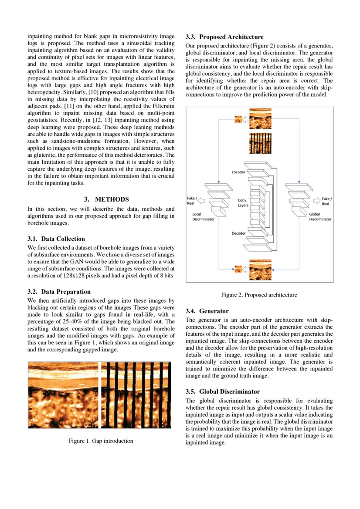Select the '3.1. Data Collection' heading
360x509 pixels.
click(x=56, y=239)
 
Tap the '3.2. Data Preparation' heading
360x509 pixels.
click(x=59, y=292)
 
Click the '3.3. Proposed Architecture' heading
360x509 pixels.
click(x=224, y=37)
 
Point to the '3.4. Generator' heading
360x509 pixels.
click(x=207, y=311)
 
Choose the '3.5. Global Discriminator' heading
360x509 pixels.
click(x=223, y=391)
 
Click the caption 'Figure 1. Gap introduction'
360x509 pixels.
click(x=101, y=441)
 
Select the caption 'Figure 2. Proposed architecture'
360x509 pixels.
click(x=259, y=295)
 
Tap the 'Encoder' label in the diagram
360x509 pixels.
click(x=238, y=172)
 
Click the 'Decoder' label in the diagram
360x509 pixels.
click(x=238, y=233)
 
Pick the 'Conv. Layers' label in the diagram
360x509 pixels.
click(x=243, y=202)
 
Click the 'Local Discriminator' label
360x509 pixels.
click(x=203, y=217)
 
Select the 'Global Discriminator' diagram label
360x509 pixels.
click(x=320, y=217)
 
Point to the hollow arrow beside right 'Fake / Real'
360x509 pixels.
click(x=316, y=201)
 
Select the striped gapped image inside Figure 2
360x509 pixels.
click(x=260, y=142)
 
